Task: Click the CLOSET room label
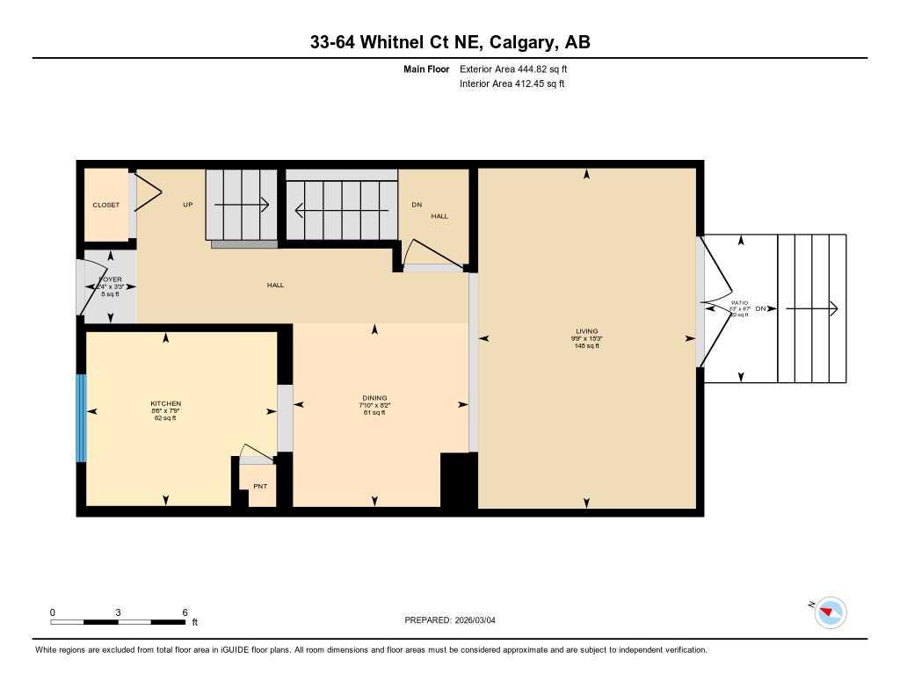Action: (x=106, y=206)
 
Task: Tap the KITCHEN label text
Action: (x=165, y=404)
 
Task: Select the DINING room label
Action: (x=374, y=398)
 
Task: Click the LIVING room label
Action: (x=586, y=332)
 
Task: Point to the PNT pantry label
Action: (x=260, y=487)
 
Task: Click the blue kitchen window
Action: (x=81, y=418)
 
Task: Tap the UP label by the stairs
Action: (x=187, y=206)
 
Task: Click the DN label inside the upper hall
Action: (x=417, y=206)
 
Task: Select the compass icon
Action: (x=830, y=612)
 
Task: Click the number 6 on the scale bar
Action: (x=185, y=612)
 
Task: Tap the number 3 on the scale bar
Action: (x=118, y=612)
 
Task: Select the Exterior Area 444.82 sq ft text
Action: (x=519, y=69)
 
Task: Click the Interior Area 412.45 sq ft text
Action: (x=512, y=84)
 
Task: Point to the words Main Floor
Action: (x=426, y=69)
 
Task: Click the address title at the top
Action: (x=449, y=42)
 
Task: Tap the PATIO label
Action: (x=738, y=302)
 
